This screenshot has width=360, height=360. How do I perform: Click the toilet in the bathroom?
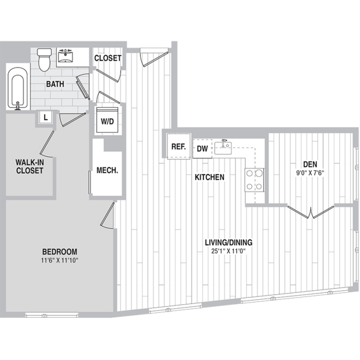pos(44,60)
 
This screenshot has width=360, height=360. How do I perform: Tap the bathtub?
pos(17,88)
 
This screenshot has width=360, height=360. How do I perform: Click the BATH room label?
pos(55,84)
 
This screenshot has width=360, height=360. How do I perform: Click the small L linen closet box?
pos(46,118)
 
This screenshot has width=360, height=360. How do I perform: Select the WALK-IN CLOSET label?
pos(30,166)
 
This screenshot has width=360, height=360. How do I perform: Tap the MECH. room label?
pos(107,170)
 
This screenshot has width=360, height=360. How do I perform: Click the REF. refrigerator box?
pos(179,146)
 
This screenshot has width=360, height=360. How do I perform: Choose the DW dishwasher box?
pos(202,149)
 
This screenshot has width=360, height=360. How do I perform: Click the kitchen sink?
pos(223,148)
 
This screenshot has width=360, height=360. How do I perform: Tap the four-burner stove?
pos(254,180)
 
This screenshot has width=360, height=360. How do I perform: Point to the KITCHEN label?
pos(210,177)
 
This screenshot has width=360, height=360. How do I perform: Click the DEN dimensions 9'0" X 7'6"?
pos(310,173)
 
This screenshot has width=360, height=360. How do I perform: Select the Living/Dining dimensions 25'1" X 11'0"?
pos(229,251)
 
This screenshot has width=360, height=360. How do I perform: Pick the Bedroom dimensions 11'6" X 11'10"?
pos(60,260)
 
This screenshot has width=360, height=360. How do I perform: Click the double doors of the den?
pos(310,212)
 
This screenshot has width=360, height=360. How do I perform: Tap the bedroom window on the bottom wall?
pos(52,314)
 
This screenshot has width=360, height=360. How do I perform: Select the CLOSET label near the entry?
pos(108,59)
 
